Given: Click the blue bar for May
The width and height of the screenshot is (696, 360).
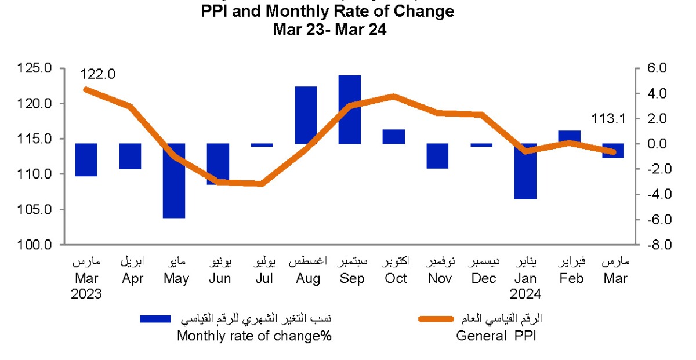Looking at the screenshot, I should tap(174, 180).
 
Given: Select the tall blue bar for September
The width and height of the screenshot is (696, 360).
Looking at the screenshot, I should tap(350, 110).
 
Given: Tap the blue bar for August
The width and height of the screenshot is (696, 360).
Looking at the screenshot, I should tap(306, 115).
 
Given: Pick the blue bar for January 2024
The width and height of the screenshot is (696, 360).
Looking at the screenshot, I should tap(525, 171).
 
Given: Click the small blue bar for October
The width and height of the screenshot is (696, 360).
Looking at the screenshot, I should tap(394, 137).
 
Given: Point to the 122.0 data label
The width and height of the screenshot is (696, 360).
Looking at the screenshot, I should tap(98, 74).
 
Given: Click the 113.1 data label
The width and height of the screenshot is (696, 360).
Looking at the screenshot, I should tap(607, 119).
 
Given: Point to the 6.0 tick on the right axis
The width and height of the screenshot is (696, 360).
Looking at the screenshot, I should tap(658, 68).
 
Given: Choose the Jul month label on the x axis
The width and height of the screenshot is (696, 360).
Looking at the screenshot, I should tap(264, 279).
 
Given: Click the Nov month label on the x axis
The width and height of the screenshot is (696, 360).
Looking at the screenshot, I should tap(438, 279).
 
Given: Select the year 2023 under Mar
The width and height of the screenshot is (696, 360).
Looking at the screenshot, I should tap(86, 294).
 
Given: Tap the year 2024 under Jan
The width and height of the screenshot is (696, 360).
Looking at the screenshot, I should tap(525, 294).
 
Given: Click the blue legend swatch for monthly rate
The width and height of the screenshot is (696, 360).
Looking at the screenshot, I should tap(155, 318).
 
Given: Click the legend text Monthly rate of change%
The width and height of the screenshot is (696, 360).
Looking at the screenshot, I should tap(254, 336).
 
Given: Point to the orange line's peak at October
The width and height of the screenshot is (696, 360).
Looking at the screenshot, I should tap(394, 96).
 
